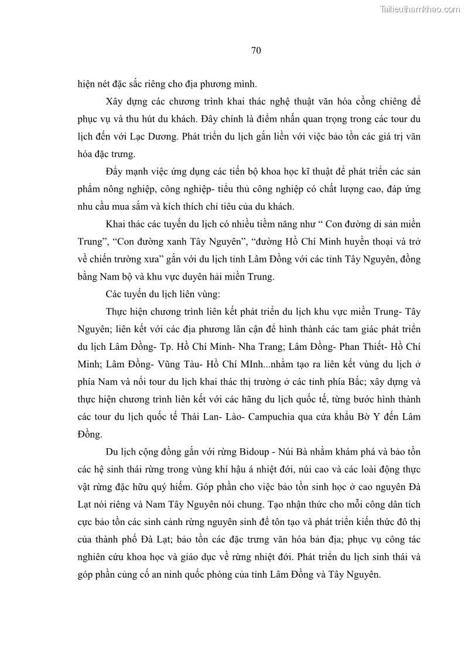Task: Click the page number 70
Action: (255, 50)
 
